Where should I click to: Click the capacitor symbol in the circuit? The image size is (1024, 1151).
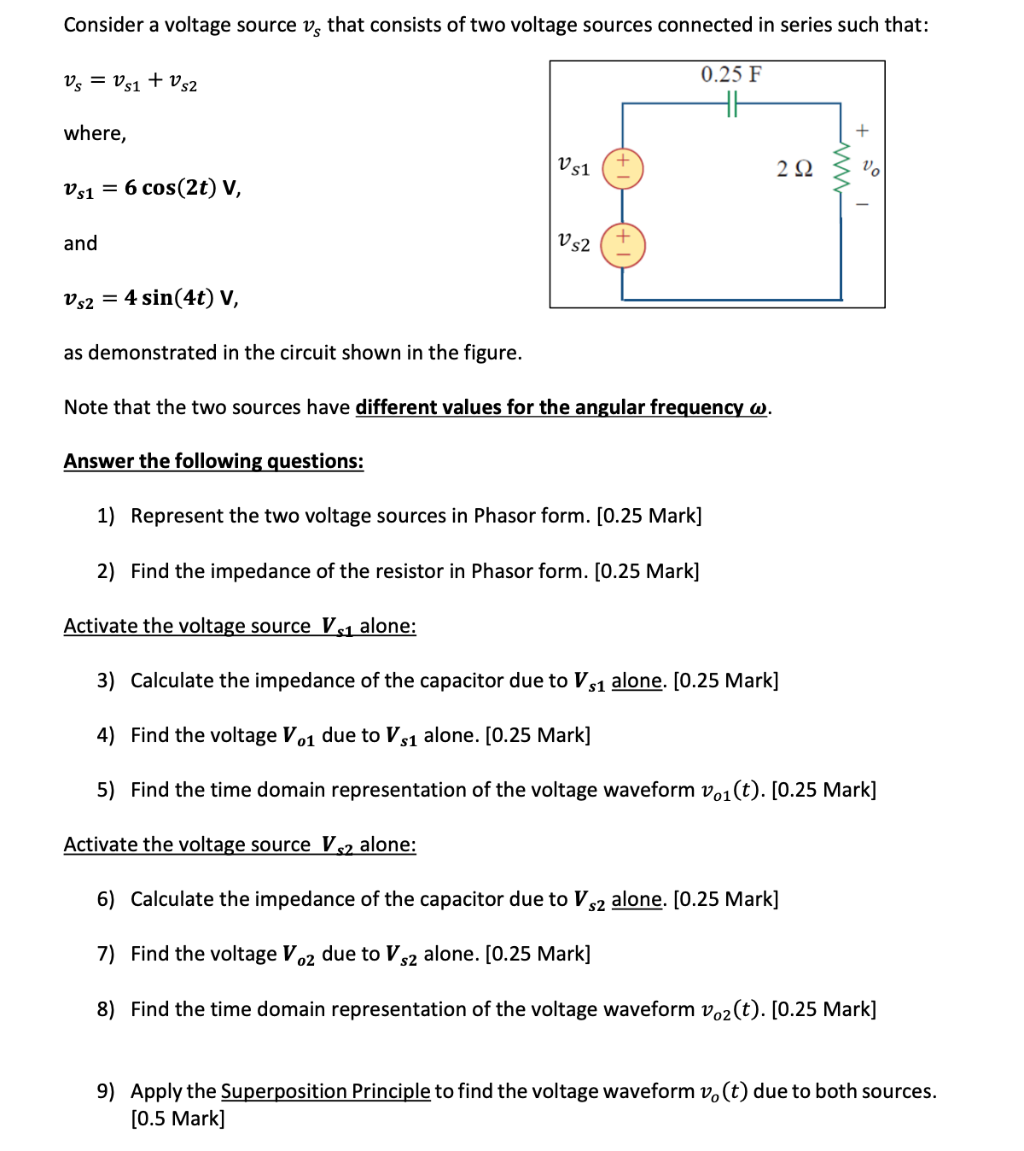[x=732, y=103]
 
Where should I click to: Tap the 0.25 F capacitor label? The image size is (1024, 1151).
[x=731, y=75]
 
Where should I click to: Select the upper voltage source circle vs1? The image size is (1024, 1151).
[x=622, y=168]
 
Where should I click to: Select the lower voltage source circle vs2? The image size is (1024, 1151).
[x=622, y=245]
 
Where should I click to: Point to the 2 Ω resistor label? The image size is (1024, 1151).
[x=794, y=168]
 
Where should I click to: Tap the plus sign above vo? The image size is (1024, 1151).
[x=862, y=131]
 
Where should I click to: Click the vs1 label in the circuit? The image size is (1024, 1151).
[x=573, y=166]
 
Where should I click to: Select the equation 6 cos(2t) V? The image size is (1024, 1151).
[x=183, y=188]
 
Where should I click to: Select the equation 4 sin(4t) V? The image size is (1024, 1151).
[x=181, y=298]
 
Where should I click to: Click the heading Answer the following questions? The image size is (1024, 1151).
[x=213, y=461]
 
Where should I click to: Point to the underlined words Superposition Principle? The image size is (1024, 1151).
[x=325, y=1091]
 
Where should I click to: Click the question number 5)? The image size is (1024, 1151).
[x=106, y=790]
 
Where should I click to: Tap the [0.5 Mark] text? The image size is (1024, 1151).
[x=177, y=1119]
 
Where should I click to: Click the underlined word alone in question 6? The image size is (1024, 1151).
[x=637, y=899]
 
